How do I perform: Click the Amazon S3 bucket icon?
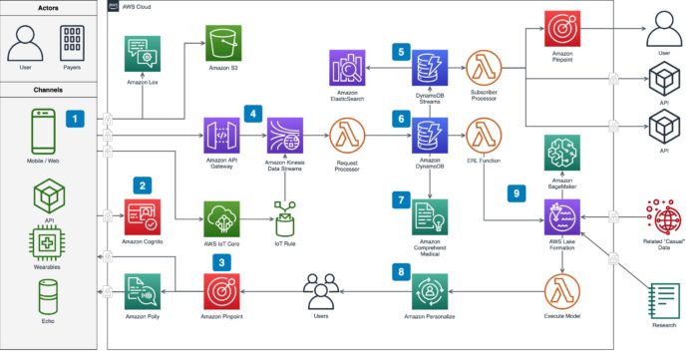(x=225, y=45)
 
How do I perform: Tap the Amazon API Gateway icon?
(x=222, y=135)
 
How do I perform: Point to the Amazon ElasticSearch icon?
(x=350, y=70)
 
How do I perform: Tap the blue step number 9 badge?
(x=515, y=194)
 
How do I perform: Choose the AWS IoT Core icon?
(x=222, y=215)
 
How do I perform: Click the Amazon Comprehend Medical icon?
(x=429, y=215)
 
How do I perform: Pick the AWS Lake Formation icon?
(x=560, y=215)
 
